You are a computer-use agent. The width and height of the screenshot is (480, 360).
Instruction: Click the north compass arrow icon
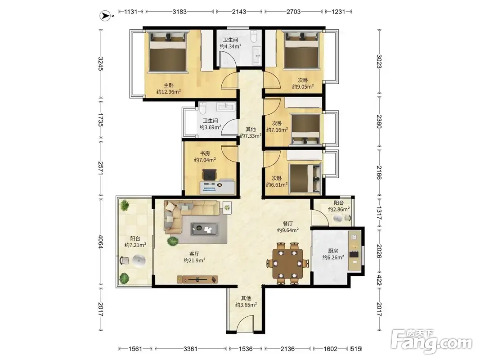(105, 16)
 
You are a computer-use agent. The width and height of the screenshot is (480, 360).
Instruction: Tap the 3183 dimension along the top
(179, 12)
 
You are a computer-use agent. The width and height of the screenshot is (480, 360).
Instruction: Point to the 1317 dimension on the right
(379, 213)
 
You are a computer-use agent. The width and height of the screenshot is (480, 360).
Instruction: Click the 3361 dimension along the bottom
(190, 349)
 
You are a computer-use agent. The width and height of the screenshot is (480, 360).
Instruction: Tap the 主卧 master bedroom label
(168, 85)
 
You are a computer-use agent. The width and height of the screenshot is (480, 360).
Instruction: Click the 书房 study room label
(205, 153)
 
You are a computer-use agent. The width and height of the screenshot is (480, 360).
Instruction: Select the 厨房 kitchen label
(333, 251)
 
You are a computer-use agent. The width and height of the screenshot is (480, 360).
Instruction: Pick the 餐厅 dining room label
(288, 224)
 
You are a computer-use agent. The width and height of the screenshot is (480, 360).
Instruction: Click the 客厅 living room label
(194, 253)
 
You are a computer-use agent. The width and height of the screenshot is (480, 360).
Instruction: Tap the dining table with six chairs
(288, 263)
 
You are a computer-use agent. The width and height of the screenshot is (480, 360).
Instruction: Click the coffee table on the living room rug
(205, 229)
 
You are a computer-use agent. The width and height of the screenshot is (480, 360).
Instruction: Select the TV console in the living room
(197, 279)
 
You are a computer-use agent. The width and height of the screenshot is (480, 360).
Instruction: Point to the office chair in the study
(209, 175)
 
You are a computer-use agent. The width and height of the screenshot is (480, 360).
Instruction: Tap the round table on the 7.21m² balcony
(139, 261)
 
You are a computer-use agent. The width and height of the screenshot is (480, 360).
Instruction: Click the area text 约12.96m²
(168, 91)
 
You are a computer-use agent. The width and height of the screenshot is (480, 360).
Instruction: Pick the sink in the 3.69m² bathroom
(226, 107)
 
